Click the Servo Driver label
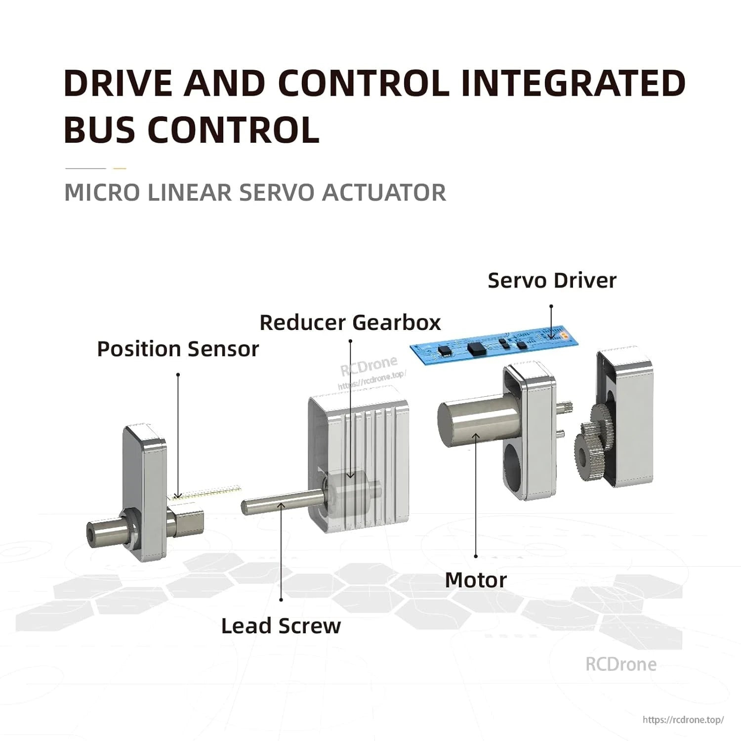click(x=552, y=281)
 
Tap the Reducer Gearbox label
click(x=350, y=323)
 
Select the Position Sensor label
click(x=178, y=349)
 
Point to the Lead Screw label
click(x=281, y=626)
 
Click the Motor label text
click(x=476, y=580)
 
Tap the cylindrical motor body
click(x=469, y=425)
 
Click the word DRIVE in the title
click(x=118, y=83)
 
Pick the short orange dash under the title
click(x=120, y=168)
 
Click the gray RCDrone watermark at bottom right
click(x=621, y=664)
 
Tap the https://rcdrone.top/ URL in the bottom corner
click(x=683, y=720)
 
